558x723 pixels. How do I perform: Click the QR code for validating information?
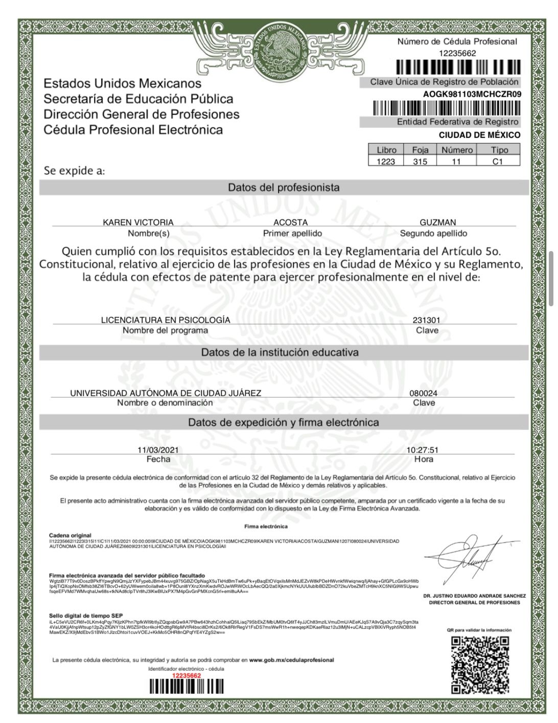point(481,664)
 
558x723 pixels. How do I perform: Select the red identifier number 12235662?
point(187,675)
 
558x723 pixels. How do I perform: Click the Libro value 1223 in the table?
point(386,162)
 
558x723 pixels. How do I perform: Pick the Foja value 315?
point(420,162)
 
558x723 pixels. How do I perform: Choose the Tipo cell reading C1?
point(498,162)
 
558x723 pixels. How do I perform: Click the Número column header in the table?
point(457,150)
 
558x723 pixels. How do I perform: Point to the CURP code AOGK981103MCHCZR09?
point(472,94)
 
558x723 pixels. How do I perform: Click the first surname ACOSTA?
point(290,222)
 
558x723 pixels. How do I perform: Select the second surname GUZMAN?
point(437,222)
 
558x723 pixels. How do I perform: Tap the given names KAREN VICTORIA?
point(138,222)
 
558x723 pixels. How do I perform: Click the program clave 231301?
point(426,320)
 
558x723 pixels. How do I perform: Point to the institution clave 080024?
point(423,393)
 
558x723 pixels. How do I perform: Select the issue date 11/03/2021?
point(158,450)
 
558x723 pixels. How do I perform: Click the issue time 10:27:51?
point(422,450)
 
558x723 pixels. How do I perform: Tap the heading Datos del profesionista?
point(284,188)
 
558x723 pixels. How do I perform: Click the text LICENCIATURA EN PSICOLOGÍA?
point(166,320)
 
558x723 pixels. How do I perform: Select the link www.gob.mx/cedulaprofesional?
point(291,660)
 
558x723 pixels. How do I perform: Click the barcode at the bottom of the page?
point(187,687)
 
